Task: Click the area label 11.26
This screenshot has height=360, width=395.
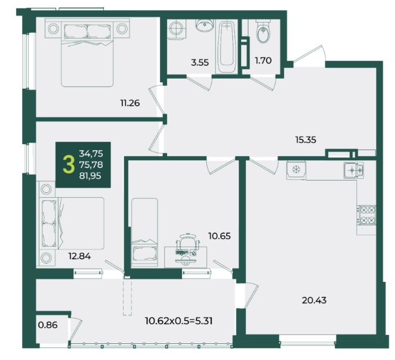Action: coord(130,103)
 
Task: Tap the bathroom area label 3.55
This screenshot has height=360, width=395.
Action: coord(200,63)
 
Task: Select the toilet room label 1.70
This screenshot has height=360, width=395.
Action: coord(263,61)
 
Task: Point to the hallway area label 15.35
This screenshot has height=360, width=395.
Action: coord(305,139)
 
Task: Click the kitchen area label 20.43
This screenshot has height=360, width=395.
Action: coord(314,300)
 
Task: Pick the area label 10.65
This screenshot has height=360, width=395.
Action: coord(220,236)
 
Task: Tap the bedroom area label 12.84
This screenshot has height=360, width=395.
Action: coord(79,256)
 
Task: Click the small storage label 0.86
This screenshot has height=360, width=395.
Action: coord(48,325)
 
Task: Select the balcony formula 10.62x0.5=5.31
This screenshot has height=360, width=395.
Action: coord(179,321)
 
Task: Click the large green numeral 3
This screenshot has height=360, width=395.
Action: coord(69,165)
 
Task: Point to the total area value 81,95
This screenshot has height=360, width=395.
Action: coord(90,176)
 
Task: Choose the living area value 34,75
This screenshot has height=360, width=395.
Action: coord(91,153)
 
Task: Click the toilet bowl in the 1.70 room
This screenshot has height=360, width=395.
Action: coord(264,32)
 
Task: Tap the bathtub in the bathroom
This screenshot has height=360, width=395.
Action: coord(227,47)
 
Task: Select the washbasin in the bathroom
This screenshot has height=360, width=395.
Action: coord(205,26)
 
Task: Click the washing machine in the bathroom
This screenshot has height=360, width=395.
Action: coord(177,29)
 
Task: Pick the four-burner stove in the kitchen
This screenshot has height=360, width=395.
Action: coord(366,215)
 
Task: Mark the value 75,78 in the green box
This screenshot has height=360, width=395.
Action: coord(91,165)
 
